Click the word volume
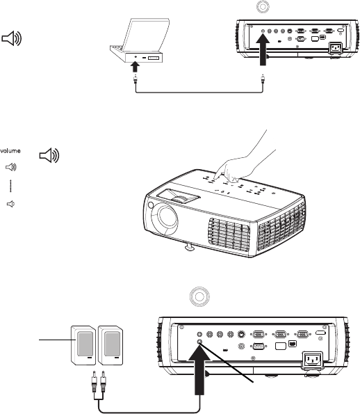pos(10,151)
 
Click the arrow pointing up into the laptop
pos(135,67)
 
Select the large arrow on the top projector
pos(263,50)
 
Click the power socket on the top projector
pos(335,48)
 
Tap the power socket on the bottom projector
pos(313,360)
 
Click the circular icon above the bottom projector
pos(199,297)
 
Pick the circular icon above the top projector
pos(263,6)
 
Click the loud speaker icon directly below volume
pos(11,167)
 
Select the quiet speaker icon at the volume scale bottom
pos(10,204)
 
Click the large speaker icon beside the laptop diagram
pos(12,38)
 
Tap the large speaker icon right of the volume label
pos(49,155)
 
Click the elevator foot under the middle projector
pos(189,247)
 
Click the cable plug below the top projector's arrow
pos(263,79)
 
